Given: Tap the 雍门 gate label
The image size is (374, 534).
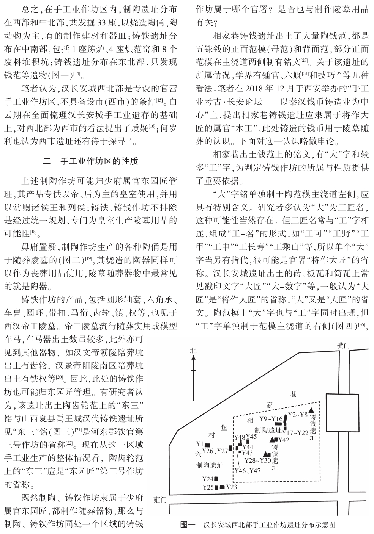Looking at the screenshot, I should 160,499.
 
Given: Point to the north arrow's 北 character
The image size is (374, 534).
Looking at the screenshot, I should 193,351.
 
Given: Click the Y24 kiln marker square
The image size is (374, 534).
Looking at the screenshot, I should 216,479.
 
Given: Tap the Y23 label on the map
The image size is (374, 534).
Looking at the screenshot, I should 231,487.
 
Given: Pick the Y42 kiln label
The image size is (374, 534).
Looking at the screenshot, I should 284,440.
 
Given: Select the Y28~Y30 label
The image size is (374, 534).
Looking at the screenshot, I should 257,460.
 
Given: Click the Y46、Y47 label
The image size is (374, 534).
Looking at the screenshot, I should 248,471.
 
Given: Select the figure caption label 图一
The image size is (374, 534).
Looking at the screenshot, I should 188,525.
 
